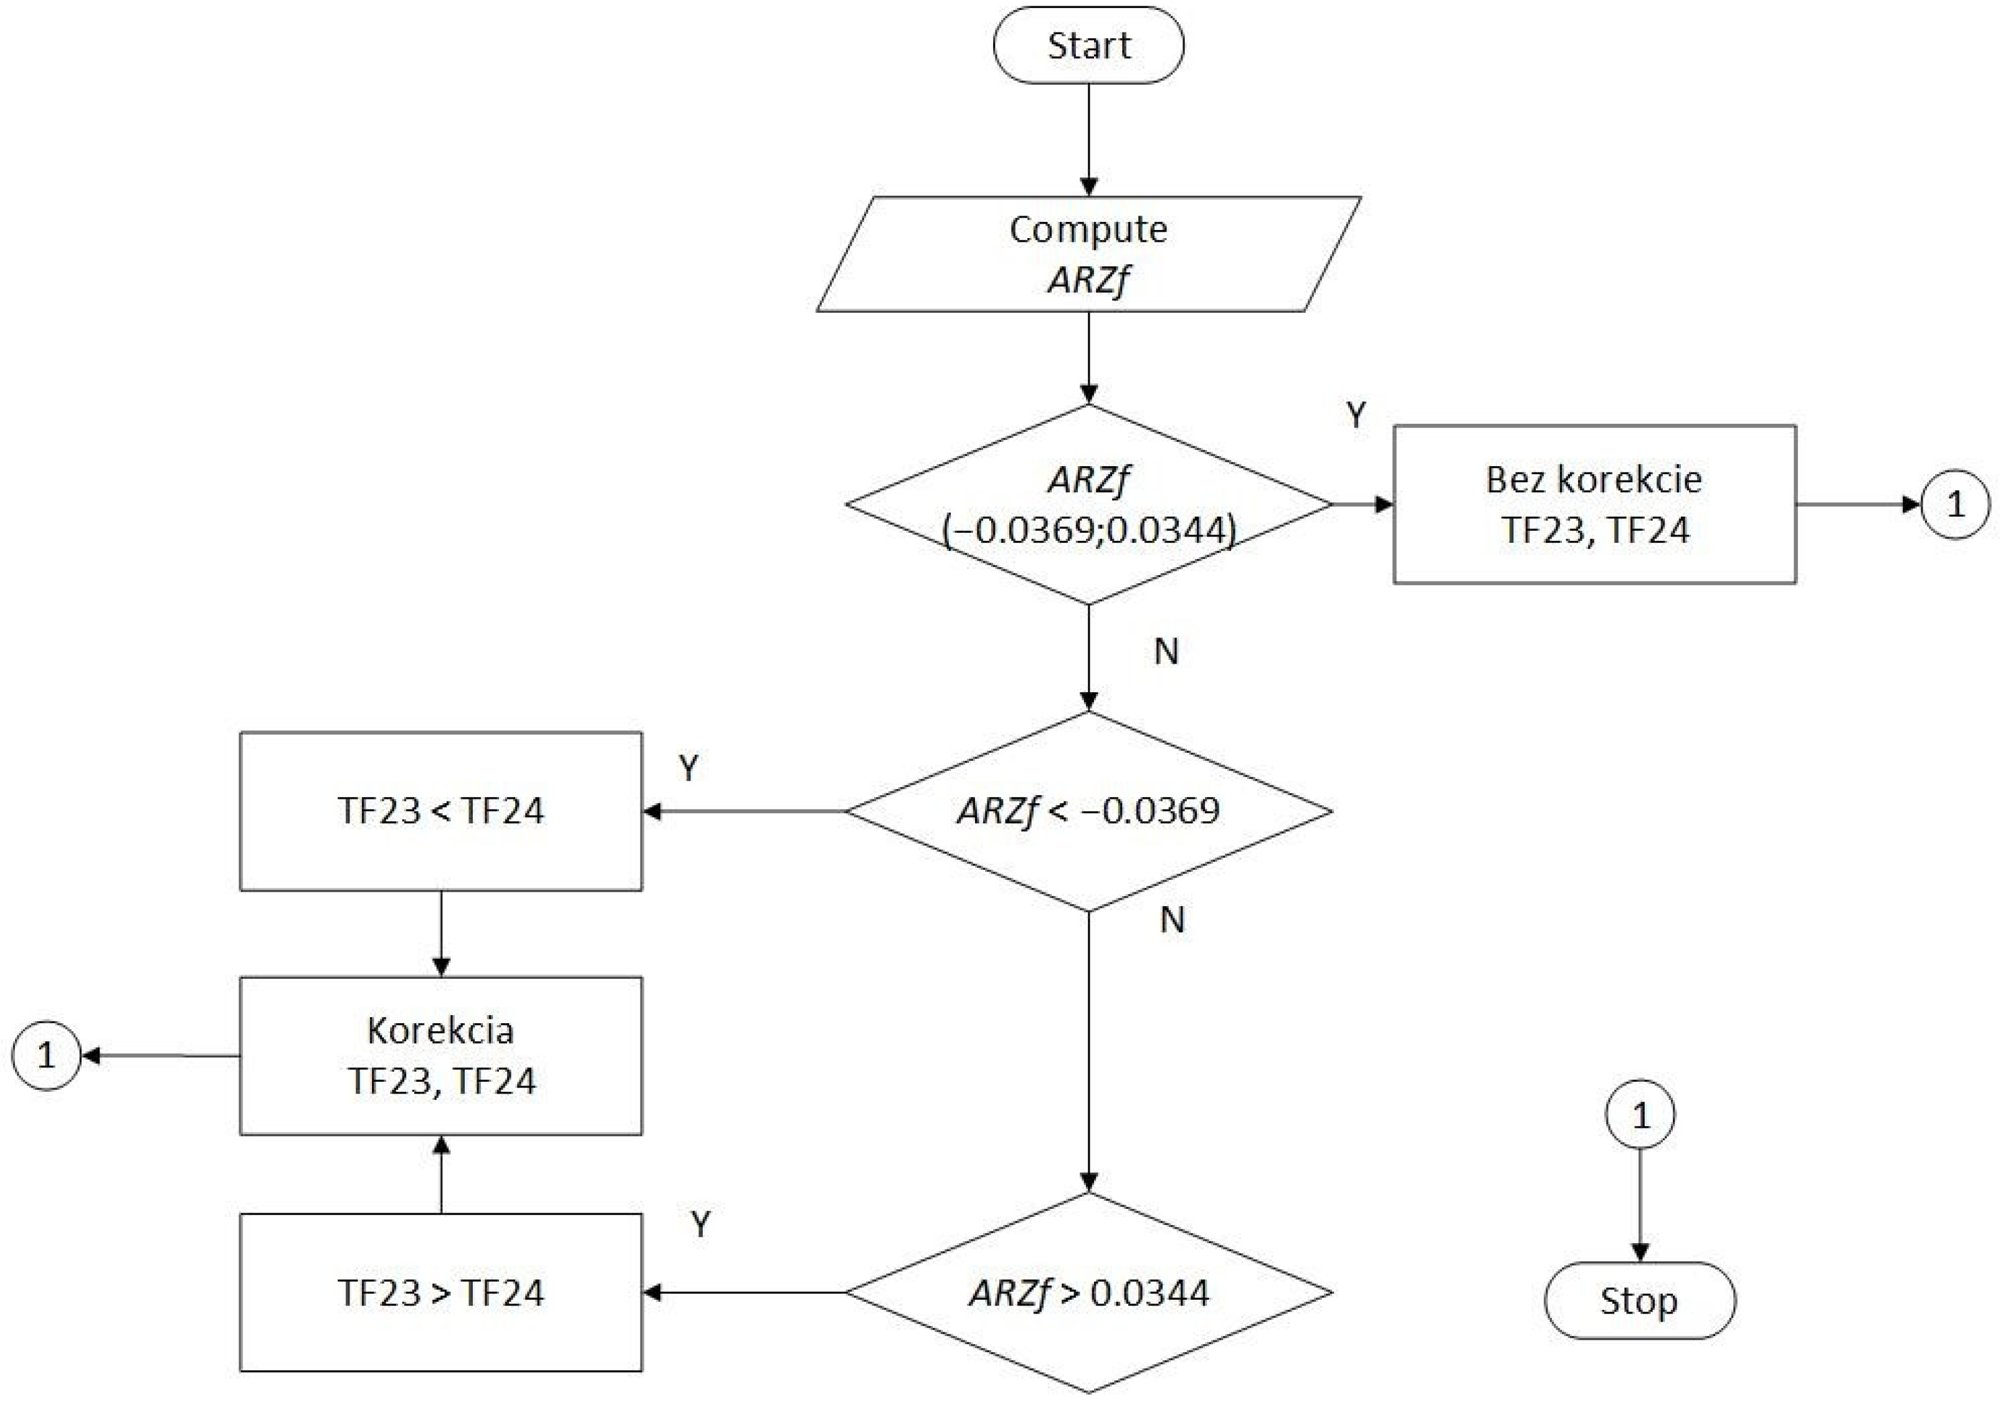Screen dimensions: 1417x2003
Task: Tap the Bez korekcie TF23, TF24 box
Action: [x=1594, y=504]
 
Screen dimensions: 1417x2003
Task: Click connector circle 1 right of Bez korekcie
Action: [x=1955, y=504]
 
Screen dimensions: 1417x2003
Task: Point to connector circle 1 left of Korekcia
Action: [x=46, y=1056]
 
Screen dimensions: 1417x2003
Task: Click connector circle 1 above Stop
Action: [x=1639, y=1115]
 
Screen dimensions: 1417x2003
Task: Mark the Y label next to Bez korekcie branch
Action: [x=1355, y=416]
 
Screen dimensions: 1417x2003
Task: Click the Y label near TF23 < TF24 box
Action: [x=688, y=768]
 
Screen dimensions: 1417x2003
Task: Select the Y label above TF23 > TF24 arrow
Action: [x=700, y=1225]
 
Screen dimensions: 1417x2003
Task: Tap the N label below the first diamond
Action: [x=1166, y=652]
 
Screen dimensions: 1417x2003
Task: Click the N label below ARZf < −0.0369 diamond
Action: [x=1172, y=920]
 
